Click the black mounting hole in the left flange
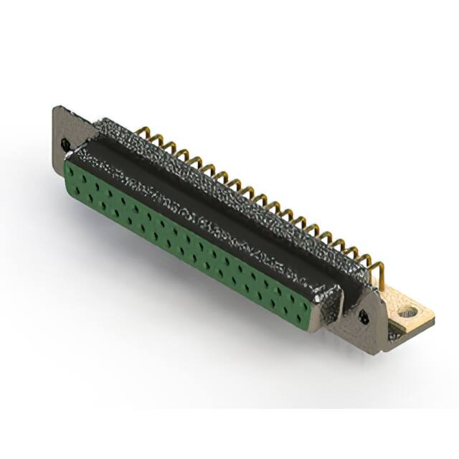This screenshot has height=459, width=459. [67, 146]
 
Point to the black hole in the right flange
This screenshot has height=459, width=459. [364, 316]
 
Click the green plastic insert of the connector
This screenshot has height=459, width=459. [186, 237]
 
